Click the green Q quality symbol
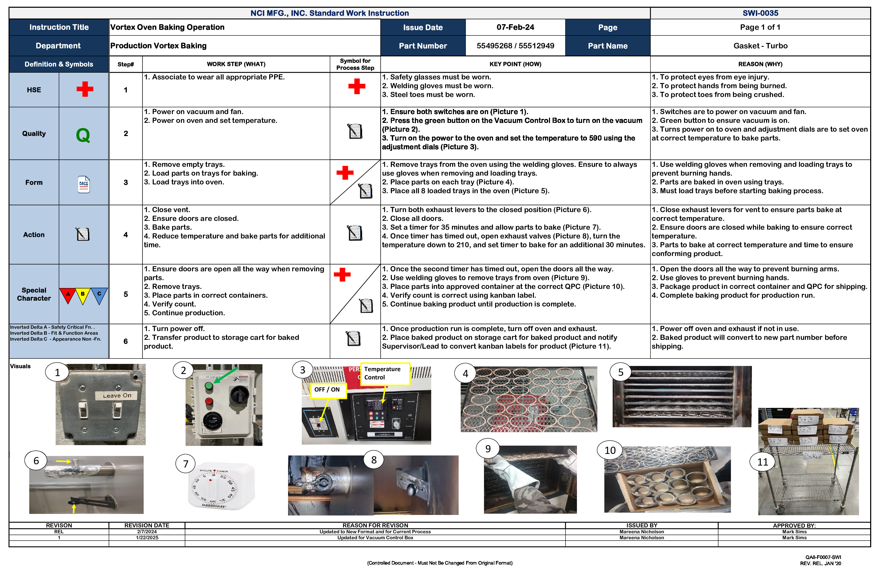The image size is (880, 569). pos(83,135)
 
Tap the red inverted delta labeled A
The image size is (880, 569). pos(68,295)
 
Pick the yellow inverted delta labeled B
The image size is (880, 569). pos(83,295)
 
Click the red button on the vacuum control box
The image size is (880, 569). pos(209,401)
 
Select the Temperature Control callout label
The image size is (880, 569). pos(385,373)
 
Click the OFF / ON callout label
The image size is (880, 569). pos(327,390)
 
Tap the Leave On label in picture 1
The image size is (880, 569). pos(117,395)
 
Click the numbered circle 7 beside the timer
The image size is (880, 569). pos(186,464)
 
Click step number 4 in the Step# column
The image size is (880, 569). pos(126,235)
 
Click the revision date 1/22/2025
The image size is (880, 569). pos(147,538)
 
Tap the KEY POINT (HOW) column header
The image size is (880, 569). pos(515,64)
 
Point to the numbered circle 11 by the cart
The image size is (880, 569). pos(762,462)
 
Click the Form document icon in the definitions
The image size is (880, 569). pos(84,184)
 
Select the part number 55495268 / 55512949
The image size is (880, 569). pos(515,46)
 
